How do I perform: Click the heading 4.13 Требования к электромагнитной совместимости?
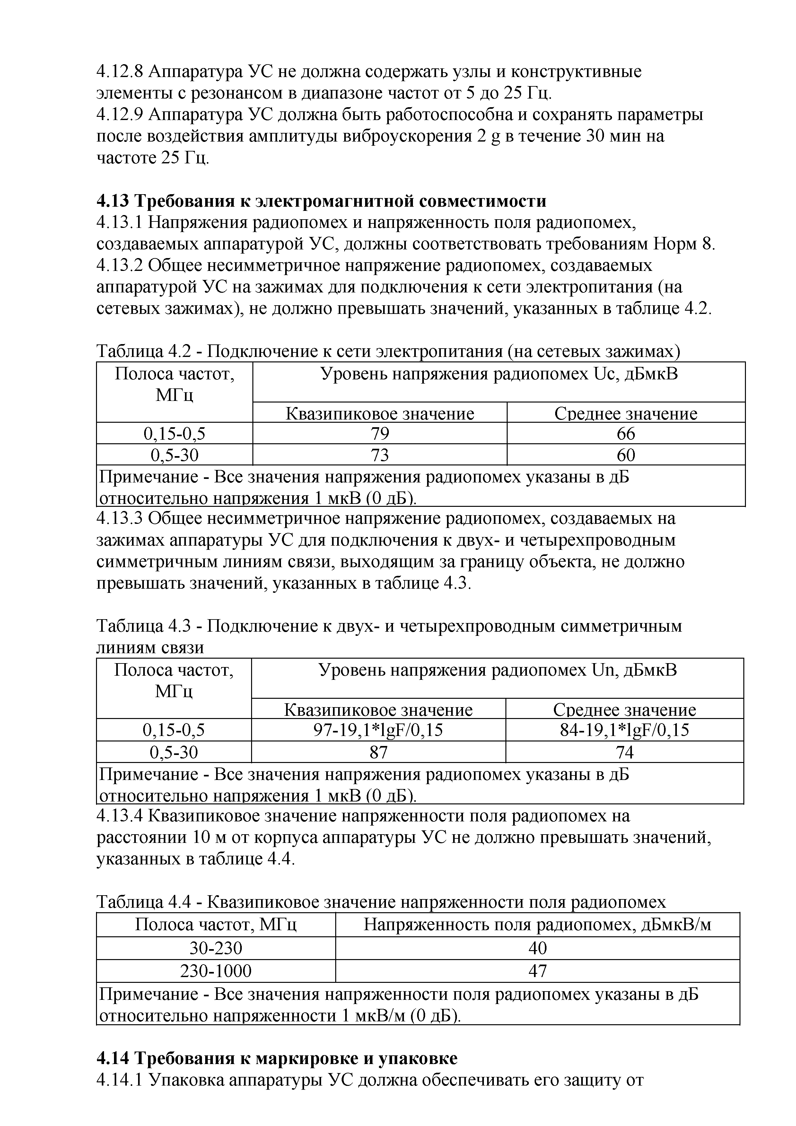click(x=321, y=201)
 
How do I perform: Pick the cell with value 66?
click(x=626, y=434)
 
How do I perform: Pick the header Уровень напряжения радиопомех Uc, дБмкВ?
click(x=499, y=374)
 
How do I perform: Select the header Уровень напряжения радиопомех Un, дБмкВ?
click(x=497, y=671)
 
